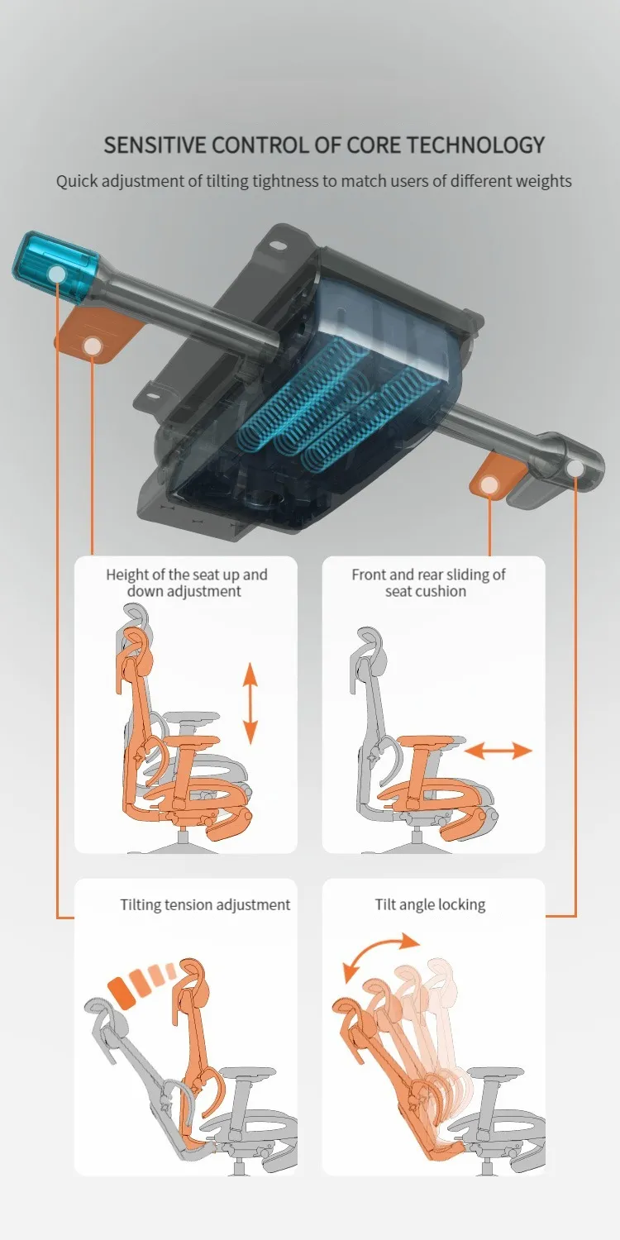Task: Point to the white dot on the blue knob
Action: click(56, 274)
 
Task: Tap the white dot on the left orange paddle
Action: click(93, 347)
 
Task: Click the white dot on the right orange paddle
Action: click(489, 485)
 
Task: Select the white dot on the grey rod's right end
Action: click(575, 469)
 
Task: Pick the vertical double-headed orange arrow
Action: click(250, 703)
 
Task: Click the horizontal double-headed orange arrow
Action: click(498, 751)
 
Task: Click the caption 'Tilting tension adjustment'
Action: click(205, 905)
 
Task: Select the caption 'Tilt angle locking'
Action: click(430, 905)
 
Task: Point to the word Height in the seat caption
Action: click(126, 574)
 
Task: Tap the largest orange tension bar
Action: click(122, 994)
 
